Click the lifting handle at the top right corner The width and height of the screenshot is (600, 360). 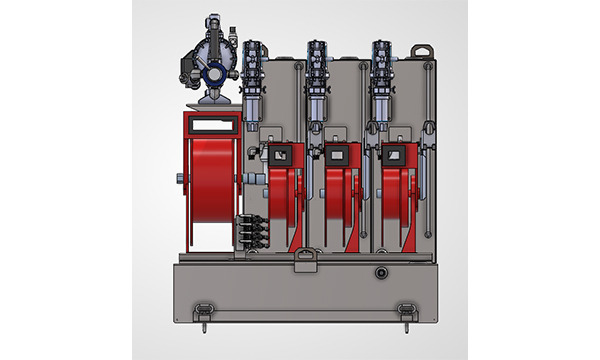click(421, 49)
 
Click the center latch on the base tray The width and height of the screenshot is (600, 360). click(305, 263)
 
